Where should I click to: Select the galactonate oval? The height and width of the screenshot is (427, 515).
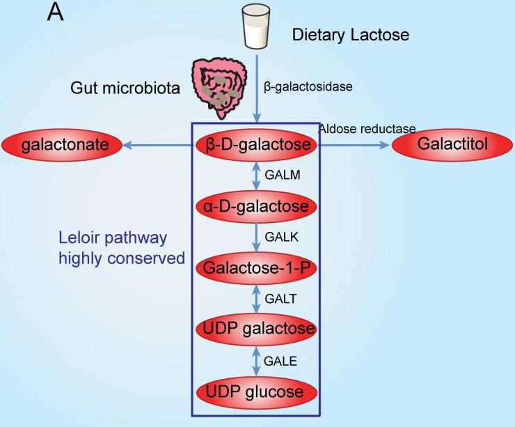click(62, 145)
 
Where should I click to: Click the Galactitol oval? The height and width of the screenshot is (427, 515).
click(453, 144)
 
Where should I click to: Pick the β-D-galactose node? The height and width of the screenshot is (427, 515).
click(257, 145)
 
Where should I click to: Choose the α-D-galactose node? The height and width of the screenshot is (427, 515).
click(257, 206)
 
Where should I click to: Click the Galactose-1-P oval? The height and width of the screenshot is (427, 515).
click(257, 267)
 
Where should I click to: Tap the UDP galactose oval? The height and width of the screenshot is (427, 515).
click(257, 329)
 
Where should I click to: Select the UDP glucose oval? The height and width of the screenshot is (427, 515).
click(257, 391)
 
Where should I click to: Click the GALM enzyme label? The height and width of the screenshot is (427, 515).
click(283, 176)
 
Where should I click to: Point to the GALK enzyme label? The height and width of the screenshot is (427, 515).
click(282, 237)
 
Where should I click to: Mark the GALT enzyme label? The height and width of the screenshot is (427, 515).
click(281, 298)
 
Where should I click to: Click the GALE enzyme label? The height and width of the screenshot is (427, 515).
click(281, 360)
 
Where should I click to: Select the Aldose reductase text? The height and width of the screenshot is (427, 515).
click(367, 129)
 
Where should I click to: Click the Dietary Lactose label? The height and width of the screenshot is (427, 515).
click(351, 33)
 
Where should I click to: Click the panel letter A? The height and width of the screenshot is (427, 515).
click(55, 13)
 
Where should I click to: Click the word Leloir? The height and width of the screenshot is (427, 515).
click(80, 238)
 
